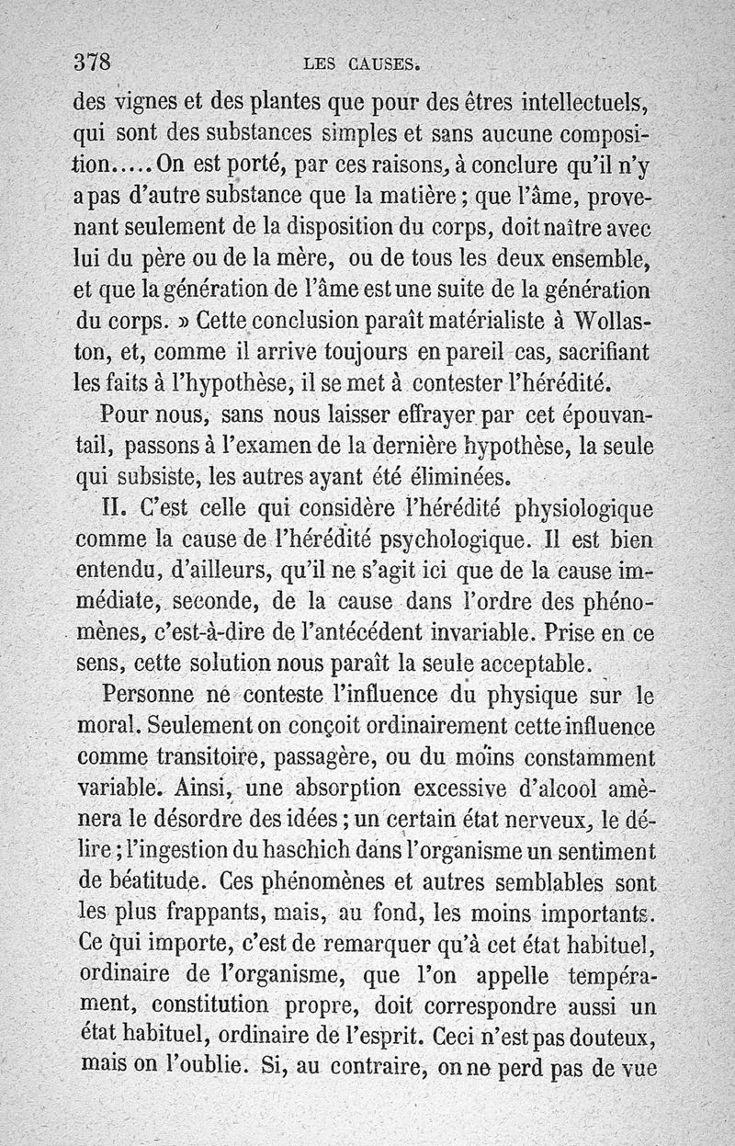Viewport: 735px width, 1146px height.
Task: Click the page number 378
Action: [92, 62]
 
